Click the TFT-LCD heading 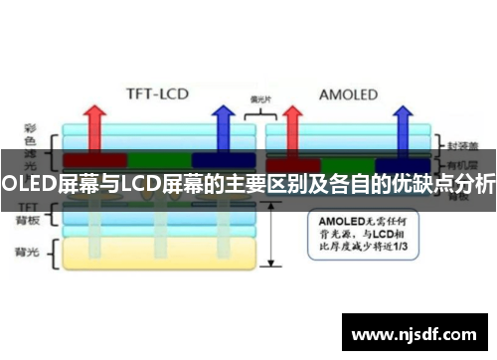click(x=158, y=95)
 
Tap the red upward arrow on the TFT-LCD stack click(x=95, y=125)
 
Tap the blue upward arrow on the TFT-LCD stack click(x=223, y=125)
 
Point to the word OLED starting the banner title click(x=28, y=182)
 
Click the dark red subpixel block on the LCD click(x=94, y=159)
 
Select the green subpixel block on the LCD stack click(x=159, y=159)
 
